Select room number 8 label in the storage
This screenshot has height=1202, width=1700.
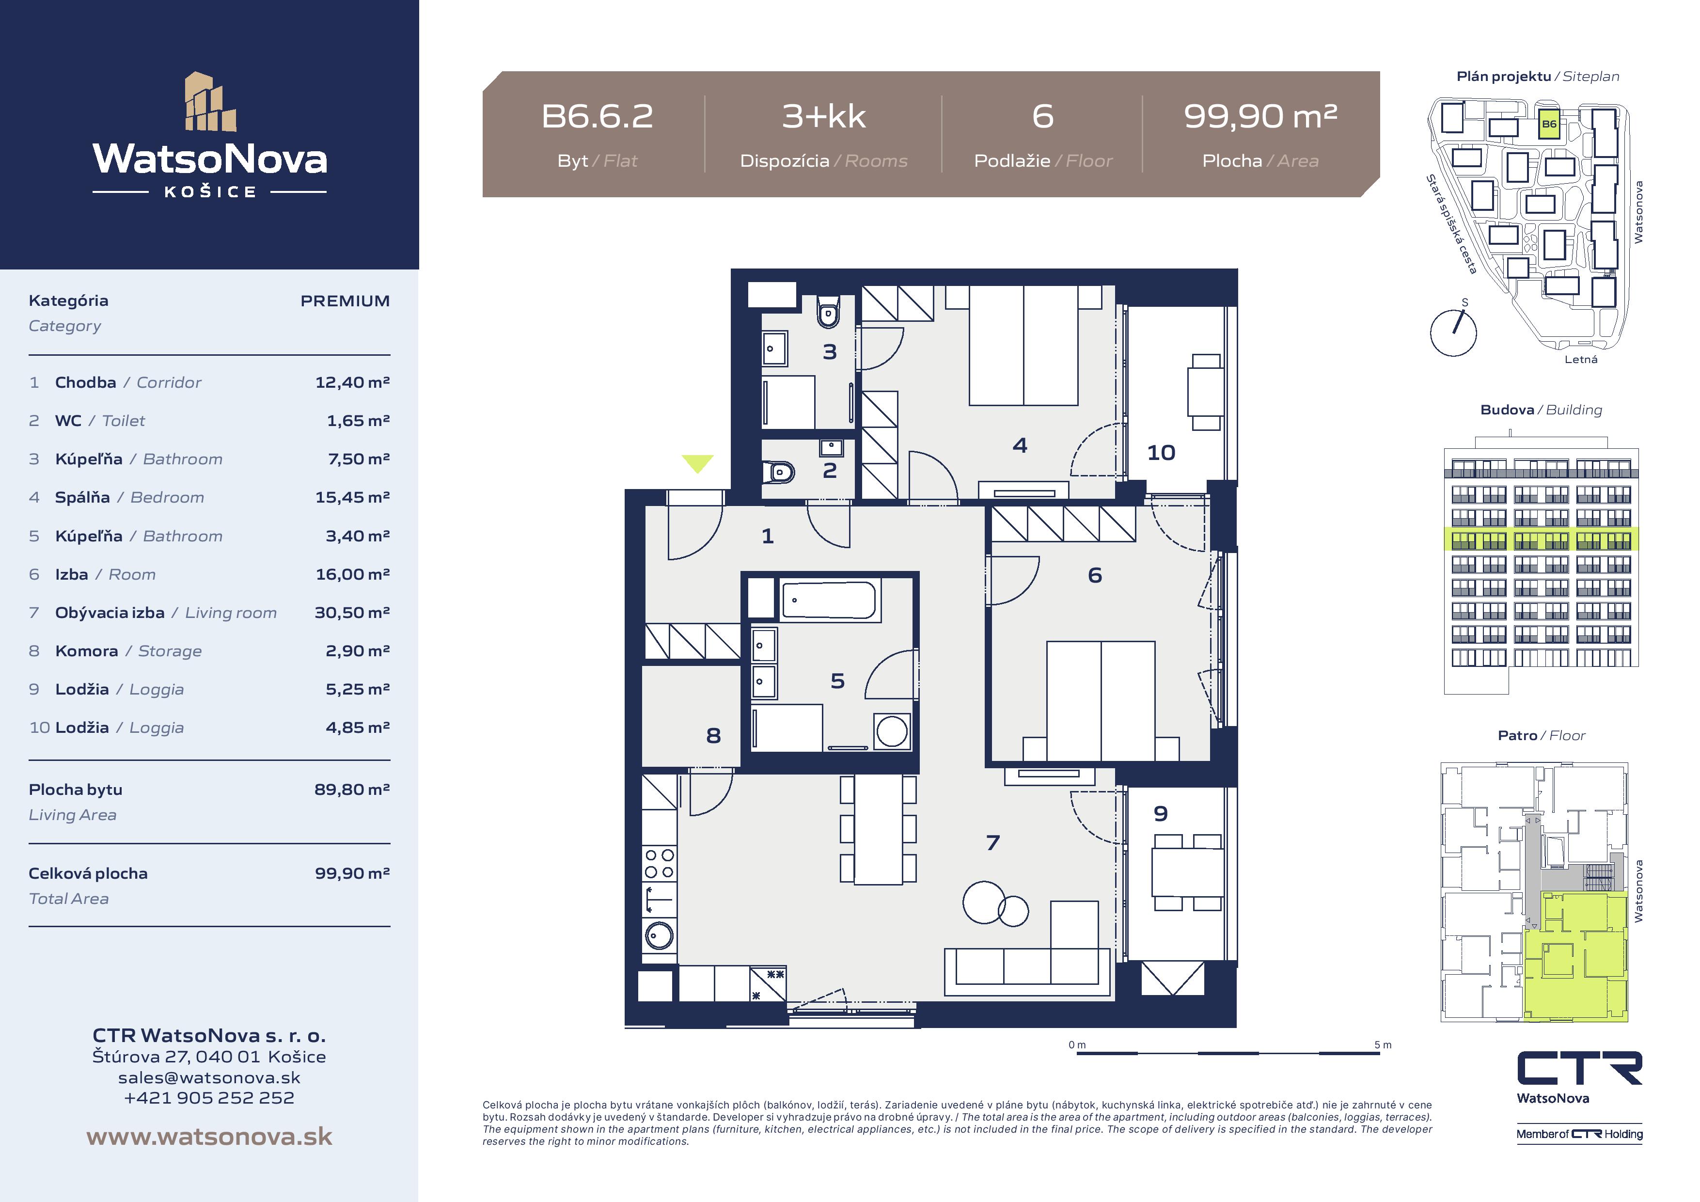(713, 735)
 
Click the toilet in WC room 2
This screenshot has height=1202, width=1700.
(779, 471)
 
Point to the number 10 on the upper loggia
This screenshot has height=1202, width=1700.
(1161, 453)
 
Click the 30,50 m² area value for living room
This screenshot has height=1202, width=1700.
(352, 613)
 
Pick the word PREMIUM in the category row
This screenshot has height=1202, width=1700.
(345, 300)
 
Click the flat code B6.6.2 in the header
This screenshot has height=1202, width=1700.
(598, 116)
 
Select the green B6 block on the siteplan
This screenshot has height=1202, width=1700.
(1549, 124)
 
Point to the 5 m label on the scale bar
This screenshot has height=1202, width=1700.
(1383, 1045)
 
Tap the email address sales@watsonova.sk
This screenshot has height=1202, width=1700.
(209, 1077)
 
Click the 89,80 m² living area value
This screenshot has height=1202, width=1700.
(352, 790)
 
